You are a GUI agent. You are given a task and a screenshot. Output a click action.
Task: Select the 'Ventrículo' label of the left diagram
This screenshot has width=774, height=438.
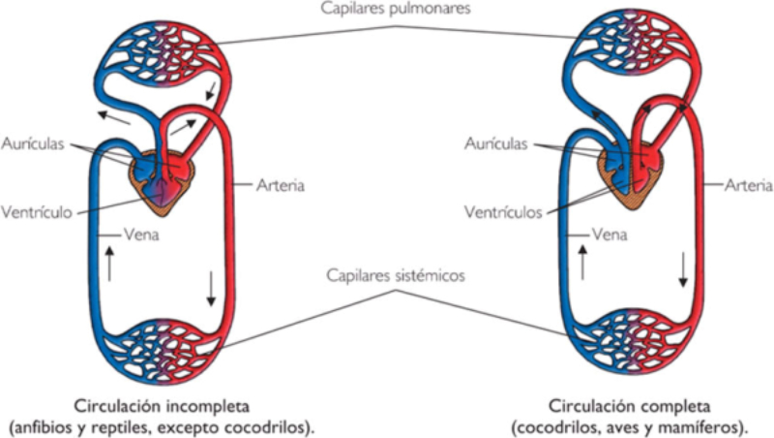tap(34, 211)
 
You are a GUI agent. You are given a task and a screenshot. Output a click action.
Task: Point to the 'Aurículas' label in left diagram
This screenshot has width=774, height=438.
tap(34, 142)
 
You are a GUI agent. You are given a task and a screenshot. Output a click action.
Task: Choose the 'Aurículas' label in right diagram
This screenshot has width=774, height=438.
tap(495, 143)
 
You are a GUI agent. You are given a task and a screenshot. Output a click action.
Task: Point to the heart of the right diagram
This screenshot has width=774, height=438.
tap(630, 175)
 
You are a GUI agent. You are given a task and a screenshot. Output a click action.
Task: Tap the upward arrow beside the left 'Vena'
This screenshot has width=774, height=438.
tap(110, 264)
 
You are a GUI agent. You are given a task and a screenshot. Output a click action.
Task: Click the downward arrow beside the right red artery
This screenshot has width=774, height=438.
tap(683, 268)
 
